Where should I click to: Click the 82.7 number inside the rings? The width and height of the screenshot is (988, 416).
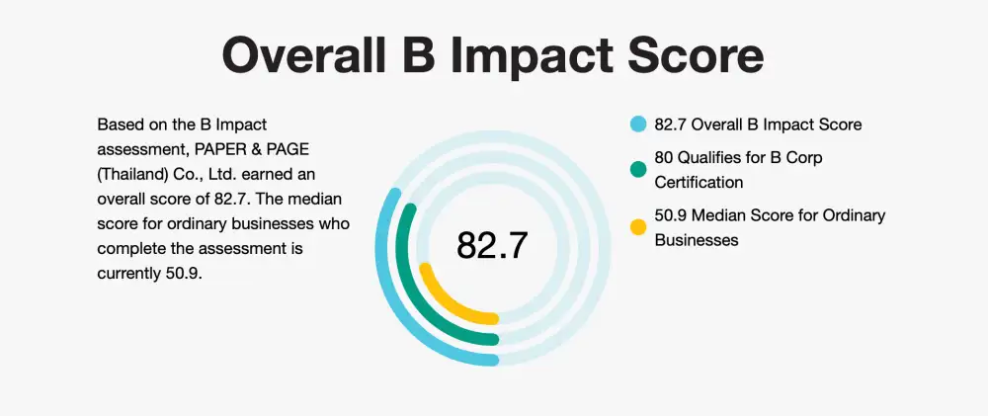(491, 245)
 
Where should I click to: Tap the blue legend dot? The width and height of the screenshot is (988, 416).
(638, 125)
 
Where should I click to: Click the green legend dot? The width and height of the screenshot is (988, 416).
(638, 169)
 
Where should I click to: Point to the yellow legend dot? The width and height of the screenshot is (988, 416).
(638, 227)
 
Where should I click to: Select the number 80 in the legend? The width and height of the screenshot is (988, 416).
(664, 157)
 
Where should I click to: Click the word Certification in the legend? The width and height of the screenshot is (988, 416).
(699, 182)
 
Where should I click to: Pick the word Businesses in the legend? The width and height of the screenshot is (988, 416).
(697, 240)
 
